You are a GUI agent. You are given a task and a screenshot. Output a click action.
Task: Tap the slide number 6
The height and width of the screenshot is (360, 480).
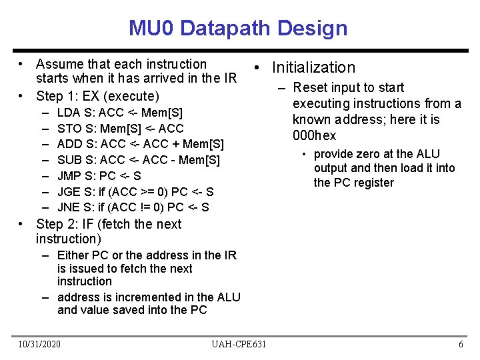click(x=461, y=344)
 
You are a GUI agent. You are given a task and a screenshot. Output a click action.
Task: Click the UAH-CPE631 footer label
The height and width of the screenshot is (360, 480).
click(x=239, y=344)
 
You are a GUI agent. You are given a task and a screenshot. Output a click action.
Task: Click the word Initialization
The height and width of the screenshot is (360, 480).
click(x=313, y=67)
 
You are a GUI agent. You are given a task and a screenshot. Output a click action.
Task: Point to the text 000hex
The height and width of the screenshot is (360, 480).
click(x=315, y=135)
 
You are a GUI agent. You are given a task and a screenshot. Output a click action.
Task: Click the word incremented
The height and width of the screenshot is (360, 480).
click(x=157, y=297)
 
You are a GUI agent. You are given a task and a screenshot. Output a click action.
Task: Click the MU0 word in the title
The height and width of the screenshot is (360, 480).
click(x=151, y=29)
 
